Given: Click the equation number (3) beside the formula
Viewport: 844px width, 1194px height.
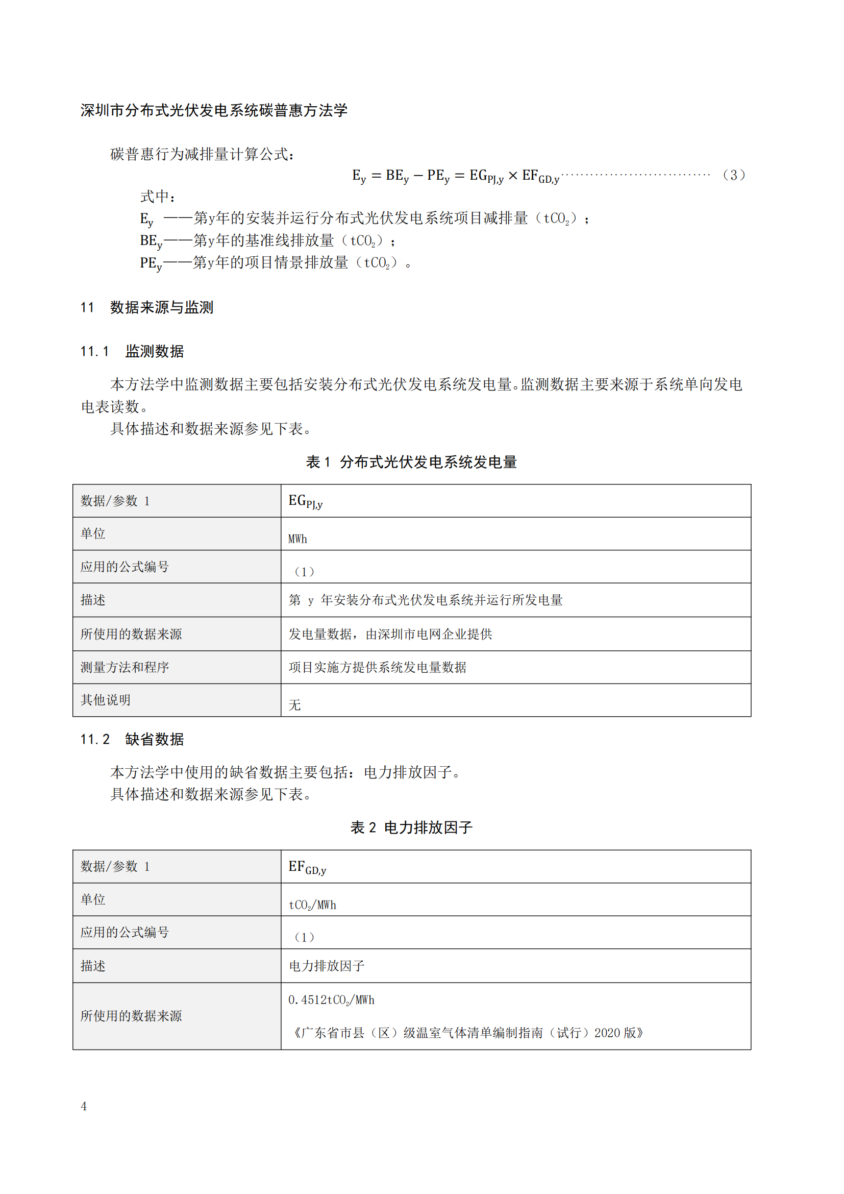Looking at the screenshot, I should (734, 175).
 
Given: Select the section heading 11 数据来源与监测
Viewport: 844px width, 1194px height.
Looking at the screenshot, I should (146, 307).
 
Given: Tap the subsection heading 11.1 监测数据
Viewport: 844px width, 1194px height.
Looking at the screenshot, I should (132, 352).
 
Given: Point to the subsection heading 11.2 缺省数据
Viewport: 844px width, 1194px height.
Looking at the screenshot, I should (132, 739).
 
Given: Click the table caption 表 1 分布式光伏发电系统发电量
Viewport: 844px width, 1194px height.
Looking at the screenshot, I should (411, 462).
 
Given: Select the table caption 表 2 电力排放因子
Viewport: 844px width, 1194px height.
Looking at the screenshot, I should (411, 827).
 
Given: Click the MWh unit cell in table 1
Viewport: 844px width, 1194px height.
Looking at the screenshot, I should (298, 539).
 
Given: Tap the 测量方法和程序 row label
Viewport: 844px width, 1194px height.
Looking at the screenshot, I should (125, 667).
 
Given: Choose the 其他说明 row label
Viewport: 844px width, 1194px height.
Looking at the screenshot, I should (106, 700).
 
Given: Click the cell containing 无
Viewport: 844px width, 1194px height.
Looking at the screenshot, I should (294, 704).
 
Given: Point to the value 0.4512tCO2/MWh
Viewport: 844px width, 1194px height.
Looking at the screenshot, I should (331, 1000).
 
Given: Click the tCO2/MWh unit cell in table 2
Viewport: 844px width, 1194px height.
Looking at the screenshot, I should (312, 905).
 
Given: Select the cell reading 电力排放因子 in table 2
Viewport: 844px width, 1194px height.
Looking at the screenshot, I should (327, 966).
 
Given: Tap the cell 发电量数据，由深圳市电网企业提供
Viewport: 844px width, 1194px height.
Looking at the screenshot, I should (390, 634).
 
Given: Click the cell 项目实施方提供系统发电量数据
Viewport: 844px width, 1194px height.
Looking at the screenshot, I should (377, 667).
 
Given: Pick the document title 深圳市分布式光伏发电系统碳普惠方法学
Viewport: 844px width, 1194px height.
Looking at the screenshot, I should (214, 110).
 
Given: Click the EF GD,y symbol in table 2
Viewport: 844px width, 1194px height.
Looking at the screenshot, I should (307, 867).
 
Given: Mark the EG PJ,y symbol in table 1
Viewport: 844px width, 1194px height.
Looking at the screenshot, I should (306, 501).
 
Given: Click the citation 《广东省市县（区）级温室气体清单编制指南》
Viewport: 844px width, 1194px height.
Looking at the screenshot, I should (468, 1033).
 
